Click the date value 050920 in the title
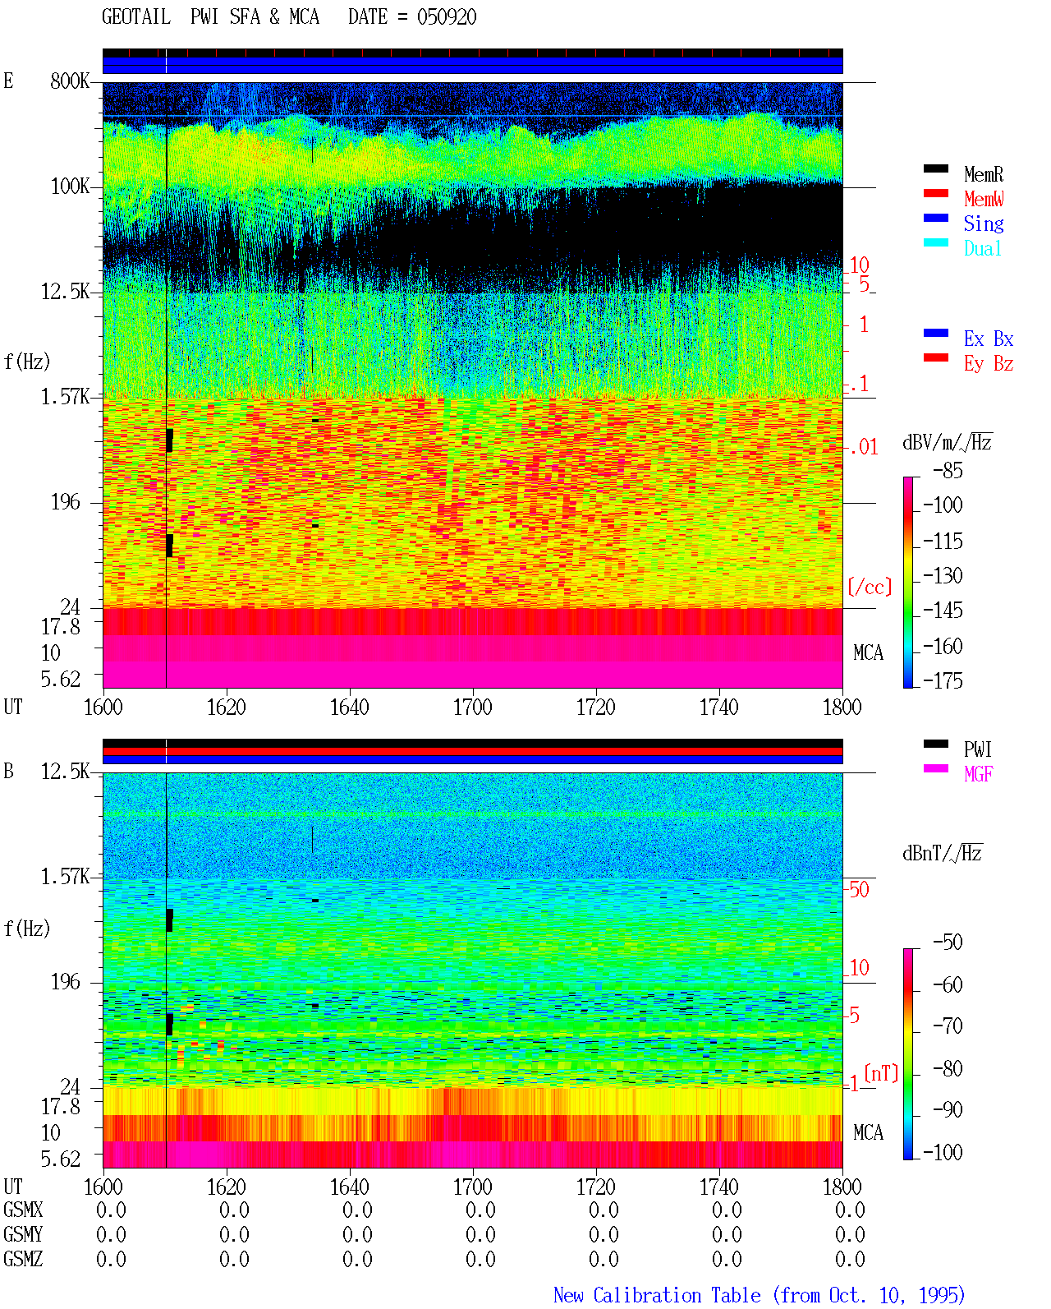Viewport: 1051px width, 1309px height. point(446,16)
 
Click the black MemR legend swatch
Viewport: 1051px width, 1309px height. point(935,168)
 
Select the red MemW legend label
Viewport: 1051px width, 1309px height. point(984,199)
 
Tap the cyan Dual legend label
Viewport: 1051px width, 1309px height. point(982,248)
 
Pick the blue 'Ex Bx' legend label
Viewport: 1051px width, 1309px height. point(988,339)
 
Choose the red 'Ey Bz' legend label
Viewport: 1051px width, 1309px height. point(988,363)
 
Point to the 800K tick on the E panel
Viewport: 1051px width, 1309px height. point(70,81)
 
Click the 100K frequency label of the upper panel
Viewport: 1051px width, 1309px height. point(70,187)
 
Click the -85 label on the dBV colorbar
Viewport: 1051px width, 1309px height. point(948,470)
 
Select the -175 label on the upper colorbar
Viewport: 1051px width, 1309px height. point(943,680)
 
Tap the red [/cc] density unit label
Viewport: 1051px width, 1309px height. point(870,587)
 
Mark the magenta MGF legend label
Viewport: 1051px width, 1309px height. point(978,774)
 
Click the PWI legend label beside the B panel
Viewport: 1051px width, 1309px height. point(977,749)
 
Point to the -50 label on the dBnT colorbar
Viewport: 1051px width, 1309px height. point(948,942)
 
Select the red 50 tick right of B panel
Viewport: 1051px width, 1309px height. point(859,889)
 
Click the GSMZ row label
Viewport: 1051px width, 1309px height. point(23,1259)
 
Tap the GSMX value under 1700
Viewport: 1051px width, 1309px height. point(480,1210)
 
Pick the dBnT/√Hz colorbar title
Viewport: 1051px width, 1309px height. point(943,853)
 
